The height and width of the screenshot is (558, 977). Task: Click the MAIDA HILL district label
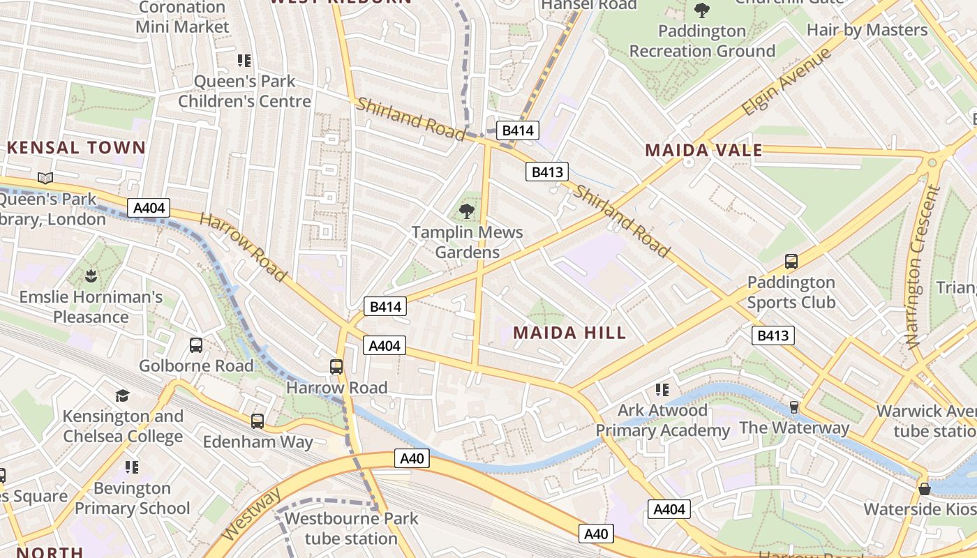pyautogui.click(x=569, y=333)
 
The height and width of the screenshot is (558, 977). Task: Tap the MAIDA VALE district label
pyautogui.click(x=703, y=150)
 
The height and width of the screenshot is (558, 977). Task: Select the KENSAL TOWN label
pyautogui.click(x=76, y=148)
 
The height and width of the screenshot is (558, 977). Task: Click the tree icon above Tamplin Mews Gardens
pyautogui.click(x=467, y=211)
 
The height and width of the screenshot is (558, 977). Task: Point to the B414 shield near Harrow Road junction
pyautogui.click(x=385, y=306)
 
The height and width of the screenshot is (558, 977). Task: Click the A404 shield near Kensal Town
pyautogui.click(x=149, y=207)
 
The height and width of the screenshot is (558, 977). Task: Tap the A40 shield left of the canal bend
pyautogui.click(x=412, y=458)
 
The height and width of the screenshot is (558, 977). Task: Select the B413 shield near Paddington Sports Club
pyautogui.click(x=773, y=335)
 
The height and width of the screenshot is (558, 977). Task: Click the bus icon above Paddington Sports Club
pyautogui.click(x=791, y=262)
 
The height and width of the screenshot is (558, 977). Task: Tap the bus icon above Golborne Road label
pyautogui.click(x=196, y=345)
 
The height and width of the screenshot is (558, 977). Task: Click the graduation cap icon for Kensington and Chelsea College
pyautogui.click(x=123, y=395)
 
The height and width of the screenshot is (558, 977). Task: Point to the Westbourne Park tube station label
pyautogui.click(x=351, y=528)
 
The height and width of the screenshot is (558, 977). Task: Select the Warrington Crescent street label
pyautogui.click(x=923, y=266)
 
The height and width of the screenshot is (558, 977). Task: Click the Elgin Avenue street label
pyautogui.click(x=787, y=81)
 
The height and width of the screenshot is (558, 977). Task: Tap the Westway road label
pyautogui.click(x=251, y=514)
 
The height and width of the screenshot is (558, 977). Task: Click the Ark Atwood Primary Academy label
pyautogui.click(x=662, y=420)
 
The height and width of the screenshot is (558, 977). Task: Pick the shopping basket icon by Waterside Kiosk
pyautogui.click(x=925, y=489)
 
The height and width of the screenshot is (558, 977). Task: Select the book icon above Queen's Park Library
pyautogui.click(x=45, y=179)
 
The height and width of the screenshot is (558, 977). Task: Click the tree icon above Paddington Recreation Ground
pyautogui.click(x=701, y=10)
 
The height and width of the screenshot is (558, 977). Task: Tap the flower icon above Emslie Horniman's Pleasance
pyautogui.click(x=90, y=276)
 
